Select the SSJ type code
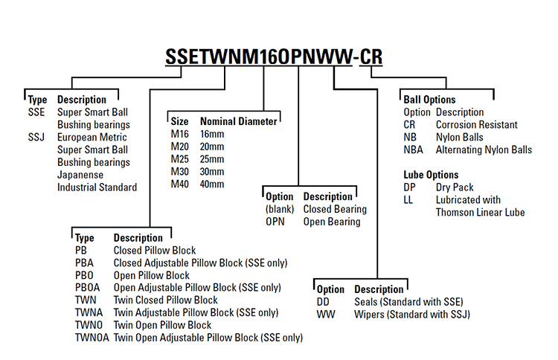point(36,137)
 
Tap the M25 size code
point(181,159)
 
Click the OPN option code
point(276,222)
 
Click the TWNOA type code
point(92,338)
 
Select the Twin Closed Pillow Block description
point(165,300)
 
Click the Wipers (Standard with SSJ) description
point(411,315)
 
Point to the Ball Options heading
point(429,100)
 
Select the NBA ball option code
point(413,150)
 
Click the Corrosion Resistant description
point(476,125)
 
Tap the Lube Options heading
point(432,175)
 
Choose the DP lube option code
point(409,187)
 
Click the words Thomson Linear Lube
point(480,213)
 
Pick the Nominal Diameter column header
point(238,121)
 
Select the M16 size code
point(181,134)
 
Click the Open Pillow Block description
point(152,275)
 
